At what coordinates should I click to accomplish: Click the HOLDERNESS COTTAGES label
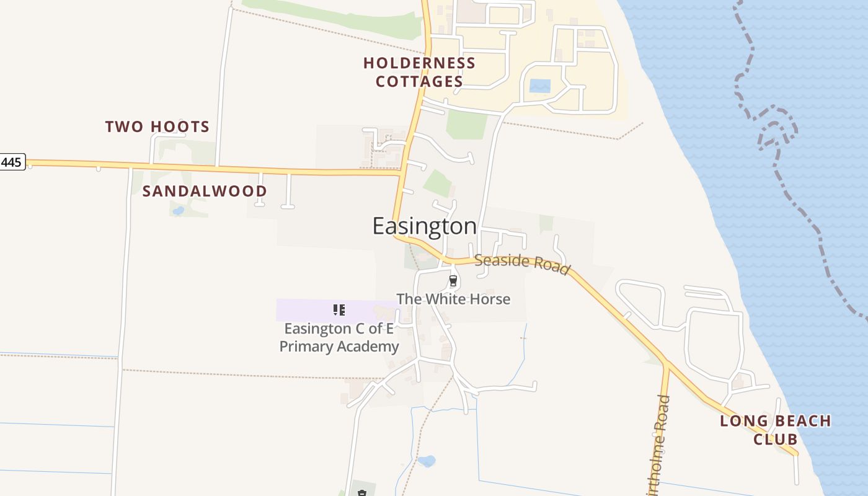pyautogui.click(x=419, y=72)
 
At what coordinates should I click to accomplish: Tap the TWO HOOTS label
pyautogui.click(x=157, y=127)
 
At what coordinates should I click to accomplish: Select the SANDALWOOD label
pyautogui.click(x=205, y=191)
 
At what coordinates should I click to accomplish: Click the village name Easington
pyautogui.click(x=425, y=226)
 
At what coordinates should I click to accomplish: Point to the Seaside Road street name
pyautogui.click(x=522, y=263)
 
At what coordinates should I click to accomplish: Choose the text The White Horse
pyautogui.click(x=453, y=299)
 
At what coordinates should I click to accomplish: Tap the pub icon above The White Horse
pyautogui.click(x=453, y=281)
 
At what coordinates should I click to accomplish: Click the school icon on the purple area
pyautogui.click(x=339, y=309)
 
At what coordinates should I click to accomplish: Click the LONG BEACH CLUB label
pyautogui.click(x=775, y=430)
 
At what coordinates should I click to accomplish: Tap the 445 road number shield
pyautogui.click(x=11, y=163)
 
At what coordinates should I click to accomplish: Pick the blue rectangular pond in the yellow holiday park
pyautogui.click(x=539, y=86)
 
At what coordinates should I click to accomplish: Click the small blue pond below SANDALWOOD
pyautogui.click(x=179, y=211)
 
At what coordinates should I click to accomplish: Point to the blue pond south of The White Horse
pyautogui.click(x=427, y=461)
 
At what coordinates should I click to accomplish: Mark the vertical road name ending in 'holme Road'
pyautogui.click(x=658, y=446)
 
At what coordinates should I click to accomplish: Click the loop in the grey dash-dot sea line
pyautogui.click(x=775, y=130)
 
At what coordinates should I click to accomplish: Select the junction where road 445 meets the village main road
pyautogui.click(x=401, y=173)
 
